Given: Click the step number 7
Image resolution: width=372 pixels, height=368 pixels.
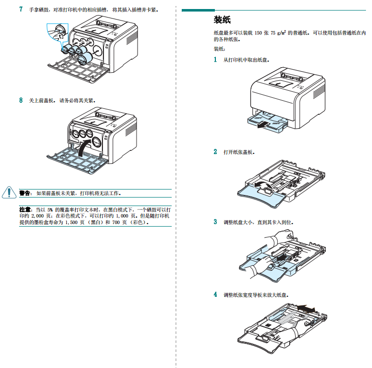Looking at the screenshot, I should (21, 9).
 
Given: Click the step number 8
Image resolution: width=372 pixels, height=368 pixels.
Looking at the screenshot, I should (21, 100).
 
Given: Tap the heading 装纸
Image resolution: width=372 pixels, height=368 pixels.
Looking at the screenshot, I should (221, 20).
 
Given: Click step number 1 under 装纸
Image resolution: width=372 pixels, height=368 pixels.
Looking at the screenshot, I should (215, 60).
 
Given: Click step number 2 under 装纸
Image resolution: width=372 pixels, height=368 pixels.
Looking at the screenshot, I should (215, 151).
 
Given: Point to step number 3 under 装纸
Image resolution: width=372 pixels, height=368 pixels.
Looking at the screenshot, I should (215, 222).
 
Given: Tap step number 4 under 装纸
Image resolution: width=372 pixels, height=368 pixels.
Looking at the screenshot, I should (215, 294).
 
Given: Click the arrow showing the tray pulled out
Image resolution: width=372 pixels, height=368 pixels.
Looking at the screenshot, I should (260, 126).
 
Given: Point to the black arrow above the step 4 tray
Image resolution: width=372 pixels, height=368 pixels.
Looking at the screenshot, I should (306, 307).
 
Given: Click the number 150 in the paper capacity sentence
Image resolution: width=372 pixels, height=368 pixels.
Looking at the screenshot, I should (259, 33).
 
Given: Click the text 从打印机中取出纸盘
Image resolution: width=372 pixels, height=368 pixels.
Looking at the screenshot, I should (246, 60).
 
